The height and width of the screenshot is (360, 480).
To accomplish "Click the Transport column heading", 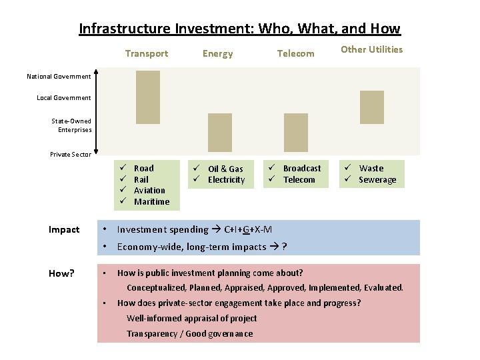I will tap(147, 53).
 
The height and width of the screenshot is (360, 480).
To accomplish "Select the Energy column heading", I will tap(218, 53).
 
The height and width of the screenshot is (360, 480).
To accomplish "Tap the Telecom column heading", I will tap(295, 53).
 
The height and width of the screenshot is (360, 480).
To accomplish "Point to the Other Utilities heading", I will tap(372, 49).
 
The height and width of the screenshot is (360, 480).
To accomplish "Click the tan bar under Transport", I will tap(148, 97).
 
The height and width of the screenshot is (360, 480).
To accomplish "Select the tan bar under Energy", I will tap(220, 132).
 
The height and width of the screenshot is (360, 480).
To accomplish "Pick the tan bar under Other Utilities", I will tap(372, 107).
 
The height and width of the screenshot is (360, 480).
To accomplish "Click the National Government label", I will tap(59, 77).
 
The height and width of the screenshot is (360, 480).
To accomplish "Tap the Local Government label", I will tap(64, 98).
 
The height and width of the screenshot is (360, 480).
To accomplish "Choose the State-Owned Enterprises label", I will tap(72, 125).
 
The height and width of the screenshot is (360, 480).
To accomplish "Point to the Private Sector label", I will tap(71, 155).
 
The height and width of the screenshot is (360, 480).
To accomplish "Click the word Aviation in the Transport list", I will tap(149, 191).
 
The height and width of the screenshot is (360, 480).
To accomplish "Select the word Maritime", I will tap(151, 202).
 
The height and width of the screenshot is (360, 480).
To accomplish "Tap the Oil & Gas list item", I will tap(225, 169).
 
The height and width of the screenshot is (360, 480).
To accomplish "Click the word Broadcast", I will tap(302, 169).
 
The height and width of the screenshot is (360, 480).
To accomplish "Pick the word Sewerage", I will tap(377, 180).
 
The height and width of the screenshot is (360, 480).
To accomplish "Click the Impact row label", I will tap(64, 230).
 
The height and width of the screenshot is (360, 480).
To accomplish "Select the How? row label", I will tap(61, 273).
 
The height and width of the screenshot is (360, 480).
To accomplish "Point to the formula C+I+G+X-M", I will tap(248, 230).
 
